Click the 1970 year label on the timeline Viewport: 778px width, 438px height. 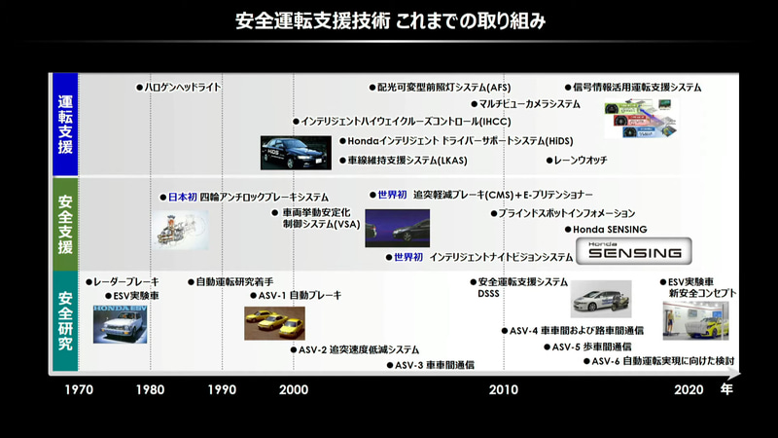79,389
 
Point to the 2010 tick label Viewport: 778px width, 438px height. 503,389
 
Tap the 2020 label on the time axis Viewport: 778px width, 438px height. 688,389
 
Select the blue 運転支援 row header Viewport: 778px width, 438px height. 65,125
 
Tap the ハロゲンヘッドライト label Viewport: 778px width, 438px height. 182,88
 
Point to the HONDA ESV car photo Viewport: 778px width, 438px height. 122,323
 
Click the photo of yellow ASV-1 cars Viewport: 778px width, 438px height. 274,322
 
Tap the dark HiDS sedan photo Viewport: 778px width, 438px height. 296,153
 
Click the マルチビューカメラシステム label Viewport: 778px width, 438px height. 529,104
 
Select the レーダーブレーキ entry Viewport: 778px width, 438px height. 124,281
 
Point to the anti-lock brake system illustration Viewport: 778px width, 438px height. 181,228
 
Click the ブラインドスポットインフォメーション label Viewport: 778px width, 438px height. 567,212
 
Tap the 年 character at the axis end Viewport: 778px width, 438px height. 726,389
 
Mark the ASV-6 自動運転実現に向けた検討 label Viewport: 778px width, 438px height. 664,361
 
